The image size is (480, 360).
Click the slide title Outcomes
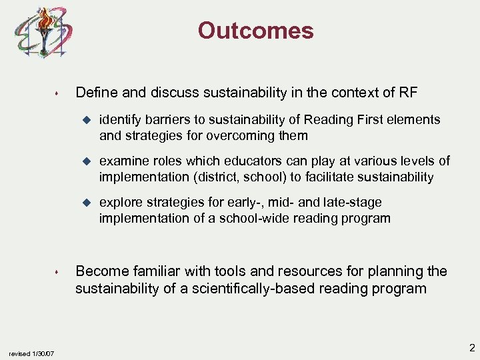pos(255,31)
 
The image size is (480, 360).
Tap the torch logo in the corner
pos(44,33)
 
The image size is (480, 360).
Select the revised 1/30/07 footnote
pos(31,353)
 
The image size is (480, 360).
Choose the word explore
pos(120,203)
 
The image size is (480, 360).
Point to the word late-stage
pos(358,203)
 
